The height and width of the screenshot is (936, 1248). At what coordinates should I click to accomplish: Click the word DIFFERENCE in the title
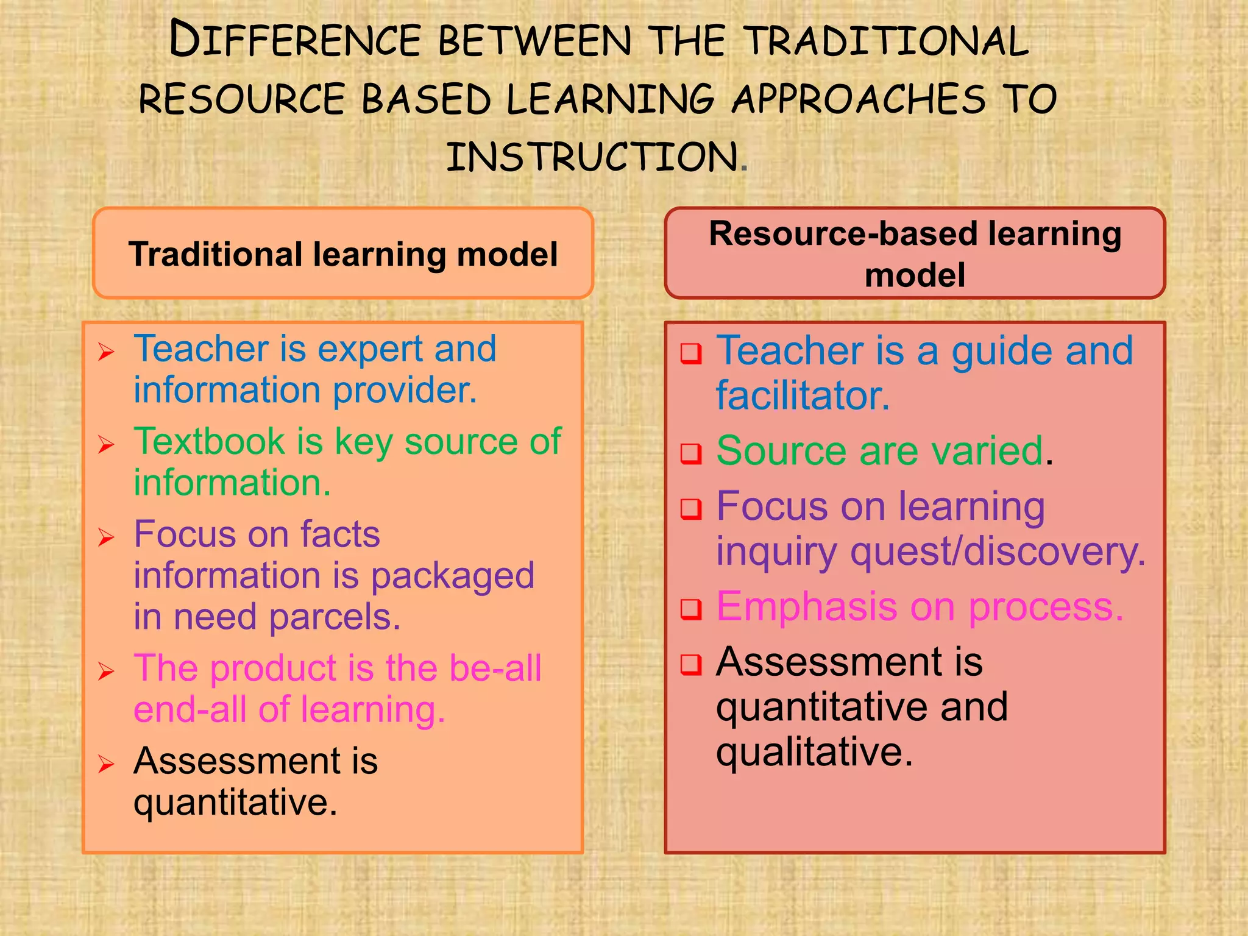(295, 40)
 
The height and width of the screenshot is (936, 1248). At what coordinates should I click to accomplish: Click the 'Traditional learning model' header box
(343, 253)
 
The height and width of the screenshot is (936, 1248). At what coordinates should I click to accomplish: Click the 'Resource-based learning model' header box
(915, 253)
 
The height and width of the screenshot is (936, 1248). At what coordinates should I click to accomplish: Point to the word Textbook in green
(209, 441)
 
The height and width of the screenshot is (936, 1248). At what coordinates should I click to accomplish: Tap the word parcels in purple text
(335, 617)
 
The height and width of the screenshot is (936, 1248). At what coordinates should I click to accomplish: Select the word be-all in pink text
(495, 668)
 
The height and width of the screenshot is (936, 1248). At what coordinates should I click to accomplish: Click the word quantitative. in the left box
(235, 803)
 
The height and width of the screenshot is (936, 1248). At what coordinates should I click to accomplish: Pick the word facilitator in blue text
(803, 396)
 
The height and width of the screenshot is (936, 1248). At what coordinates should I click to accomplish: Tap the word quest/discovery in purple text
(998, 552)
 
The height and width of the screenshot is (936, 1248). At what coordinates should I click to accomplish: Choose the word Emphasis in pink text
(806, 607)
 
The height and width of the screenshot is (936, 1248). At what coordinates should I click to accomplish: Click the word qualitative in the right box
(814, 752)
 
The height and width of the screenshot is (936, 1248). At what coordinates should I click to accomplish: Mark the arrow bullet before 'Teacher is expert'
(106, 352)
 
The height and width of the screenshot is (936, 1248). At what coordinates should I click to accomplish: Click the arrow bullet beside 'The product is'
(106, 672)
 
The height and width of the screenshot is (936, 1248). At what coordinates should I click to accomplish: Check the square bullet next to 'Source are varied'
(691, 453)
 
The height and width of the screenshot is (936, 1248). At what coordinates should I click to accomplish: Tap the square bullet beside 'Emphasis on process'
(691, 609)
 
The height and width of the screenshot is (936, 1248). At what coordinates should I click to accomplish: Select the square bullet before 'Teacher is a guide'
(691, 353)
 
